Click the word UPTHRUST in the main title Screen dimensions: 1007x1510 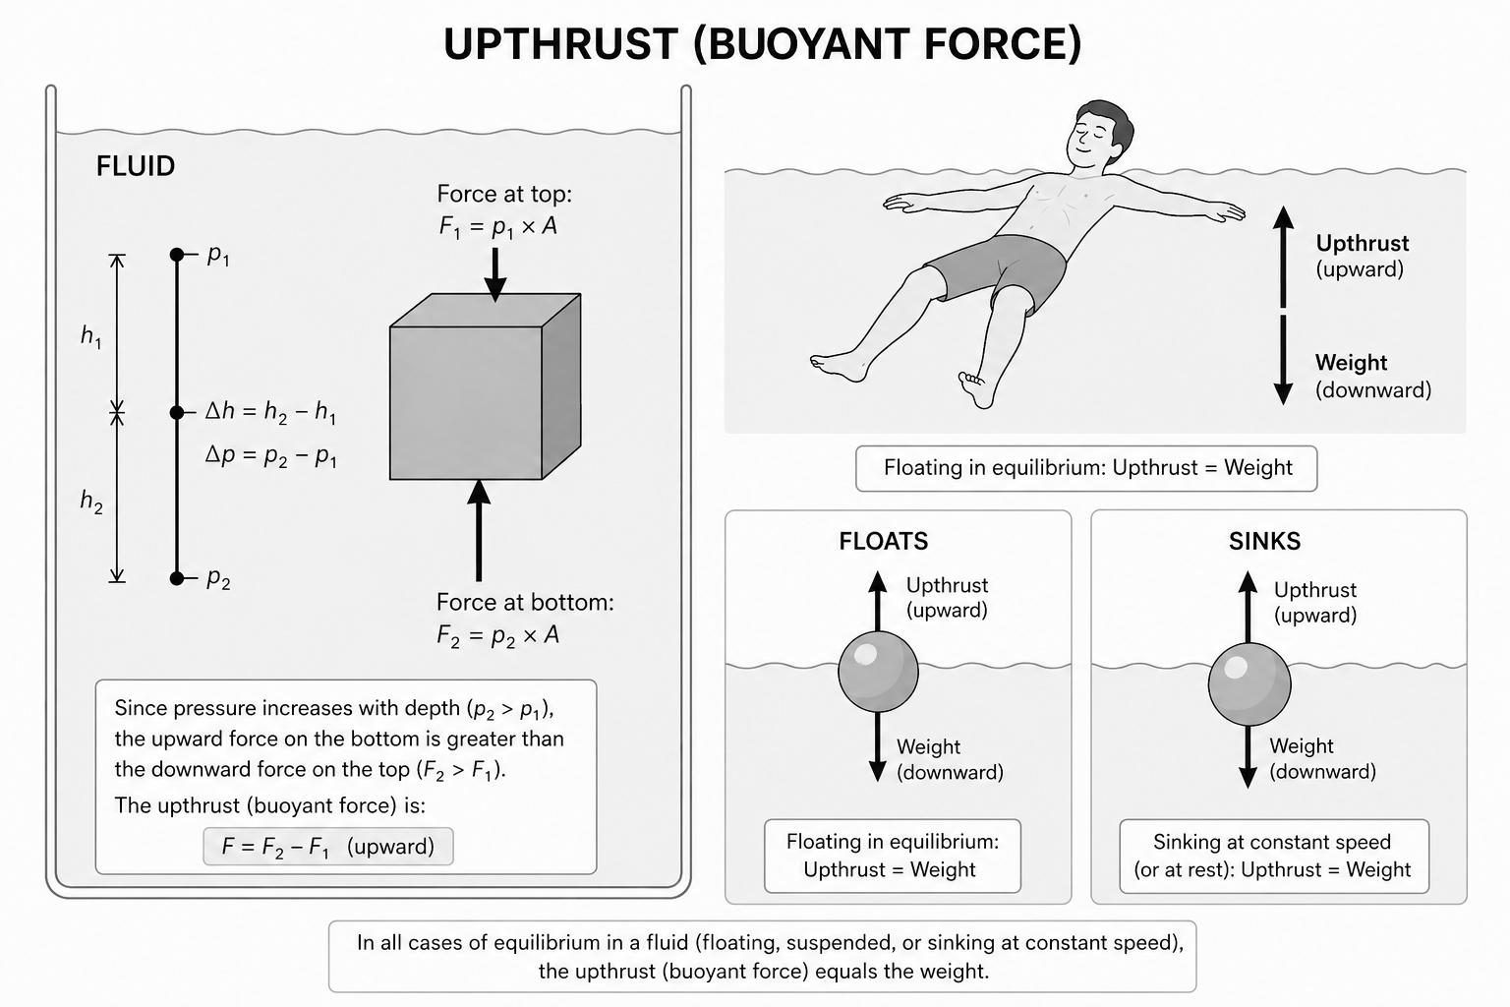560,44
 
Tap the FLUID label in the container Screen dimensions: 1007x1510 136,166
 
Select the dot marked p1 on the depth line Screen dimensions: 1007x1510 177,255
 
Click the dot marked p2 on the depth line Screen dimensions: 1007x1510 177,577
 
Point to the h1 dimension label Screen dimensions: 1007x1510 90,337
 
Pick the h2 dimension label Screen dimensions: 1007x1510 90,503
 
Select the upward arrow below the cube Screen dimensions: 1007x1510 479,531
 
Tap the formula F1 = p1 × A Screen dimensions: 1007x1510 497,227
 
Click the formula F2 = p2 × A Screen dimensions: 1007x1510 497,635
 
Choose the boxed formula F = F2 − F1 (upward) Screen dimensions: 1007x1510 328,847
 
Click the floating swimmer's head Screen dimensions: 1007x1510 1099,134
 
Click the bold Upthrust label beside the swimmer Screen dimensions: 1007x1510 1362,243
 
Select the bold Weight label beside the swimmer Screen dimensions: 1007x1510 1351,363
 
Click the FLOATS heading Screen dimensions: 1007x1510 883,541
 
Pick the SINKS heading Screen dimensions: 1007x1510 1264,541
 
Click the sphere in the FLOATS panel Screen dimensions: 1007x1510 878,672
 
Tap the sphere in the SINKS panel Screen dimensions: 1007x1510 1249,684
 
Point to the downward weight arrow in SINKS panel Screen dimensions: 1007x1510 1249,757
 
